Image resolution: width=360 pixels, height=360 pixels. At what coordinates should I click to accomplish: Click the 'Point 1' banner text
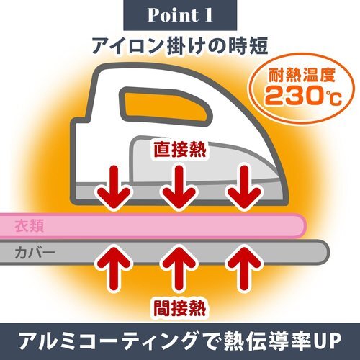tap(180, 15)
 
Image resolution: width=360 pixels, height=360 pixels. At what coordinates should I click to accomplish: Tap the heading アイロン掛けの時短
tap(180, 45)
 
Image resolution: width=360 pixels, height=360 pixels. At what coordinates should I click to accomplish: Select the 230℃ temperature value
tap(303, 96)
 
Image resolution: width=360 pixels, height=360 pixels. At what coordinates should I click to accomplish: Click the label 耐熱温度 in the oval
tap(302, 75)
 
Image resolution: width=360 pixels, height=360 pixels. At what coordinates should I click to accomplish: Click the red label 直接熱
tap(180, 149)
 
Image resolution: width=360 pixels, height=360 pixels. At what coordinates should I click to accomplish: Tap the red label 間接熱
tap(180, 308)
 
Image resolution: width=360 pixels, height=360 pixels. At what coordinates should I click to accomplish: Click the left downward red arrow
tap(114, 187)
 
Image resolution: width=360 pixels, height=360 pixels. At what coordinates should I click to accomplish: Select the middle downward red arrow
tap(179, 187)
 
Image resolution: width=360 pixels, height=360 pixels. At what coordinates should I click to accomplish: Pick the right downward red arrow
tap(244, 187)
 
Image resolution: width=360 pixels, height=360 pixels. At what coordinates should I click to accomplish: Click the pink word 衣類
tap(30, 226)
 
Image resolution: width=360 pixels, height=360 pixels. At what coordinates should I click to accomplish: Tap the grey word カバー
tap(35, 253)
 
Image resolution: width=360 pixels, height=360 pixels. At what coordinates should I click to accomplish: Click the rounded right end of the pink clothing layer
tap(305, 225)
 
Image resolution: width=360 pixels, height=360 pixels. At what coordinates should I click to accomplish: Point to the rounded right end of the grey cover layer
tap(327, 253)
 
